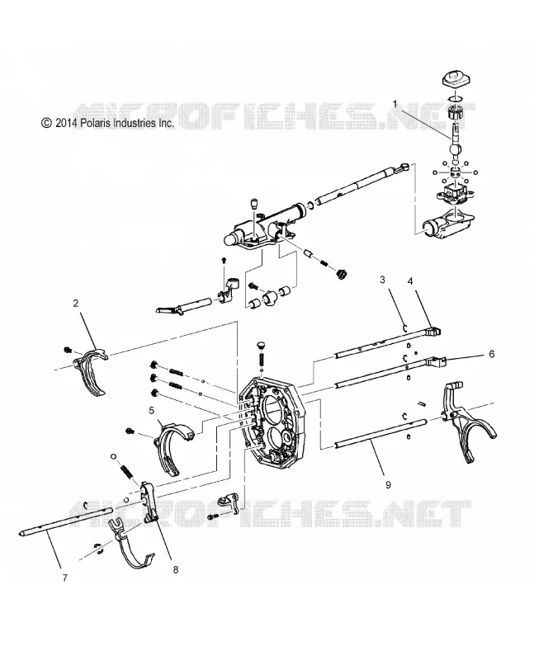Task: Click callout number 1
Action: (395, 104)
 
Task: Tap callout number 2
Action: (76, 303)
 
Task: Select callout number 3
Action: (382, 280)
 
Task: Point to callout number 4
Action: (410, 281)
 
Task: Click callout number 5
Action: (152, 410)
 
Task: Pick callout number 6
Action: (491, 354)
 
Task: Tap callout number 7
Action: (65, 578)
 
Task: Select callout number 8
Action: (176, 569)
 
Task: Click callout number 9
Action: (388, 484)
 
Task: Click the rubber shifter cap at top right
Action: (456, 79)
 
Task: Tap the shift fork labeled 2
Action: (92, 370)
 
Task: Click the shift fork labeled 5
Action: (172, 447)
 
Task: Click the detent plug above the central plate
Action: (261, 345)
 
